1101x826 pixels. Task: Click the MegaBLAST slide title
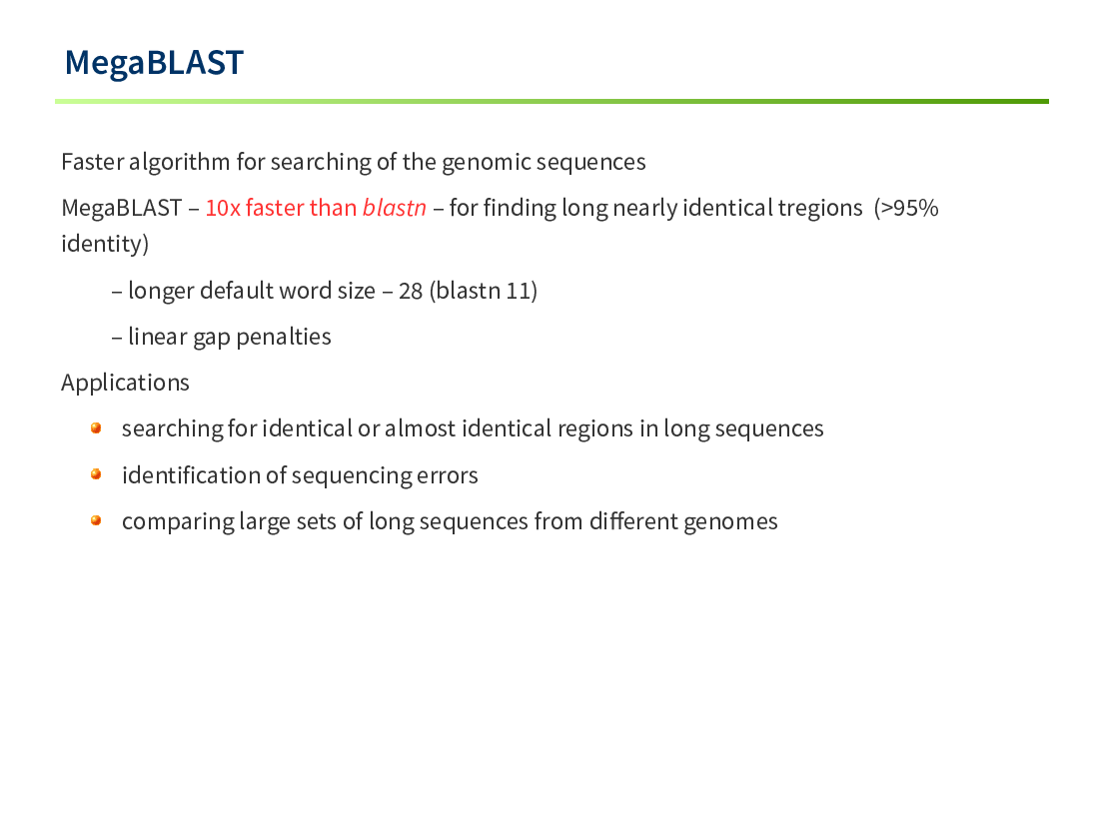click(x=154, y=63)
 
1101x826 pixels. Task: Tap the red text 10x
click(x=223, y=208)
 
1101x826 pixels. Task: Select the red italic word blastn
click(x=394, y=208)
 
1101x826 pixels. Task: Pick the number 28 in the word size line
click(x=411, y=291)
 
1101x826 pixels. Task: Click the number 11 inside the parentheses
click(x=518, y=291)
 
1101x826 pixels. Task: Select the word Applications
click(x=125, y=384)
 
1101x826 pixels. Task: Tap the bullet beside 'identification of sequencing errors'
click(x=96, y=474)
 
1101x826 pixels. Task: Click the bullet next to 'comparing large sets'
click(x=96, y=520)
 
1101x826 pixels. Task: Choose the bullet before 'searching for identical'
click(x=96, y=428)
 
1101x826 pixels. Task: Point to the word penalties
click(x=284, y=337)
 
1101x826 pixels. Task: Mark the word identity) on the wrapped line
click(x=105, y=245)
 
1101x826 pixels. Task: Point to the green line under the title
click(x=551, y=102)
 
